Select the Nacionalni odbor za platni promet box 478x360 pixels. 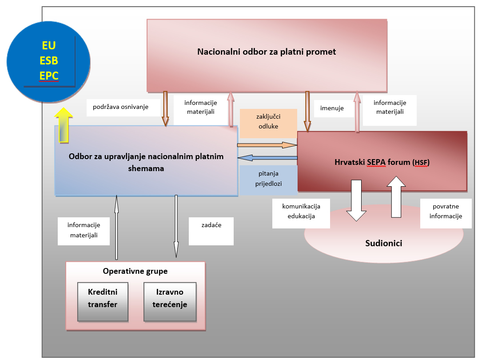tap(267, 55)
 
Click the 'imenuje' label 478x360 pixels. tap(332, 108)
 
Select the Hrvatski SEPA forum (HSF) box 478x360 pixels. tap(382, 161)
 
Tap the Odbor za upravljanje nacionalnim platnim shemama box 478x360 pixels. tap(146, 161)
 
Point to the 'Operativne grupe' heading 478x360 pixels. tap(135, 271)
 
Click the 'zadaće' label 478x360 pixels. tap(211, 225)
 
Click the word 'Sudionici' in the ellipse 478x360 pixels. tap(384, 243)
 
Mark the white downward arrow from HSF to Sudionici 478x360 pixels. tap(357, 200)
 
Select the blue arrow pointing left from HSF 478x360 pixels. tap(267, 158)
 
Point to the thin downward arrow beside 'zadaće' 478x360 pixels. tap(176, 226)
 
